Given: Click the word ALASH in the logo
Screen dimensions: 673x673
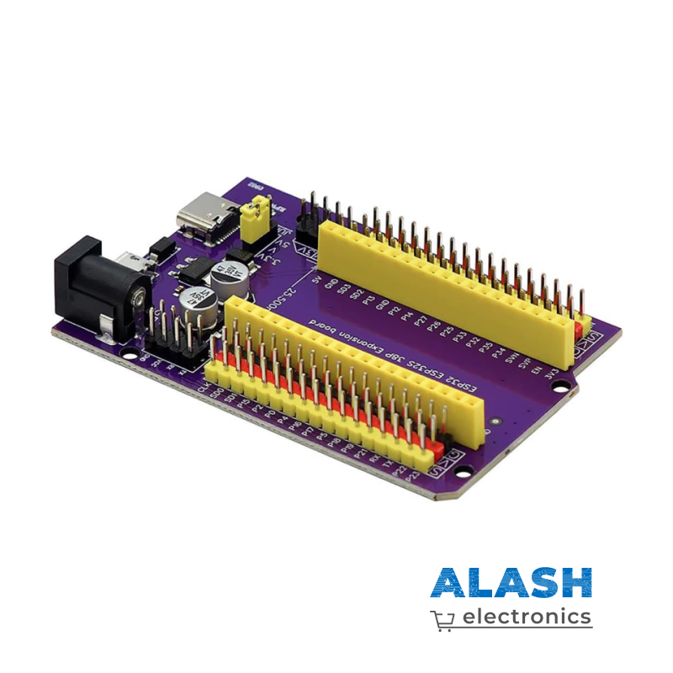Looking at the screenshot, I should point(511,583).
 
